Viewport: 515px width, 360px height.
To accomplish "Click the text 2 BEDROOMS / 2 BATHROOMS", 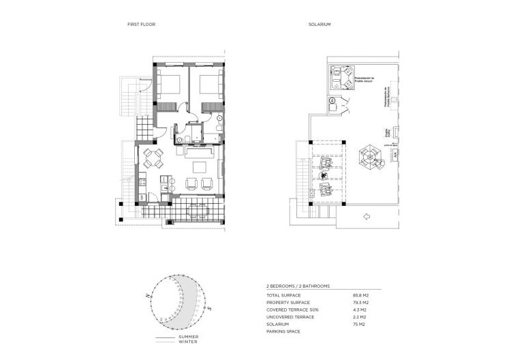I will coord(298,286).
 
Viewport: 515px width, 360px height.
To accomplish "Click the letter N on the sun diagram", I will coord(146,294).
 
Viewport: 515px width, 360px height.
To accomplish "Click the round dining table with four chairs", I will coord(153,159).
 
